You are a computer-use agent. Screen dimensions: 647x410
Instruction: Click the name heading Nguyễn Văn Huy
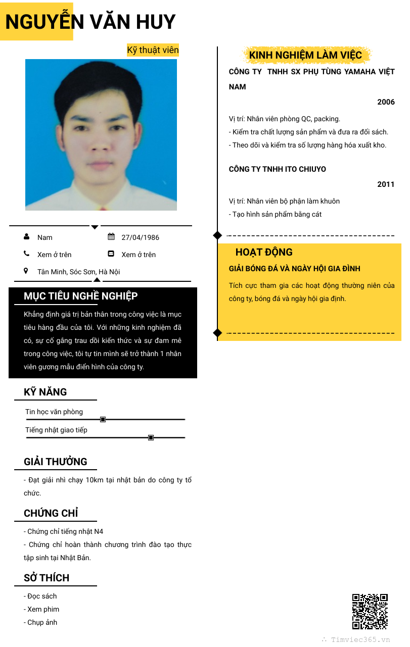(x=90, y=22)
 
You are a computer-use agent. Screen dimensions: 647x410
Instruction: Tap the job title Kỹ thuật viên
(x=153, y=50)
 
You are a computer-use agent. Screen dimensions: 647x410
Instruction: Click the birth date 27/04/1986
(x=140, y=237)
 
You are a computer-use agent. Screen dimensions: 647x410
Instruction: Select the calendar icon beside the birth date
(x=111, y=237)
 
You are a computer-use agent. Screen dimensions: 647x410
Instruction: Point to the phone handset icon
(x=26, y=254)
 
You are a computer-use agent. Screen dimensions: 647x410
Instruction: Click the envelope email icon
(x=111, y=254)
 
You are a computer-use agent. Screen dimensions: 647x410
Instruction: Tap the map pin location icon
(x=26, y=271)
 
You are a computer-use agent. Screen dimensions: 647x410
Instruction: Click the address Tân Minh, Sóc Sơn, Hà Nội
(x=78, y=272)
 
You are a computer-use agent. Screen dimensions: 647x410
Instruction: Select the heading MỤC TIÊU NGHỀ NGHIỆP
(x=80, y=296)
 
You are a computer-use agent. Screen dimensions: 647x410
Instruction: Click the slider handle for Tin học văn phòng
(x=103, y=419)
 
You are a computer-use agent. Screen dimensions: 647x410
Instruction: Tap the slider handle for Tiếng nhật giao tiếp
(x=151, y=437)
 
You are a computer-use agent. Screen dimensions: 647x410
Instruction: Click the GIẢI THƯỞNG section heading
(x=56, y=462)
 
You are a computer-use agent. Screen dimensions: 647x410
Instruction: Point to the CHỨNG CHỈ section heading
(x=51, y=513)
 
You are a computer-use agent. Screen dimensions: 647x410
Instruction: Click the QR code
(x=370, y=612)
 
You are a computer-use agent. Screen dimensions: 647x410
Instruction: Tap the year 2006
(x=386, y=102)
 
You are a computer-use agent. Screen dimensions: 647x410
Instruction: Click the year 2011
(x=386, y=184)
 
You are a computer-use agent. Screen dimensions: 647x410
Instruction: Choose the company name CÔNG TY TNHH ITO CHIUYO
(x=278, y=169)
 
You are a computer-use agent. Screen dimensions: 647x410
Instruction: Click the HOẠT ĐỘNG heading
(x=264, y=253)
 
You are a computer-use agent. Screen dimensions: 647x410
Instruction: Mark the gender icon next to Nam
(x=26, y=237)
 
